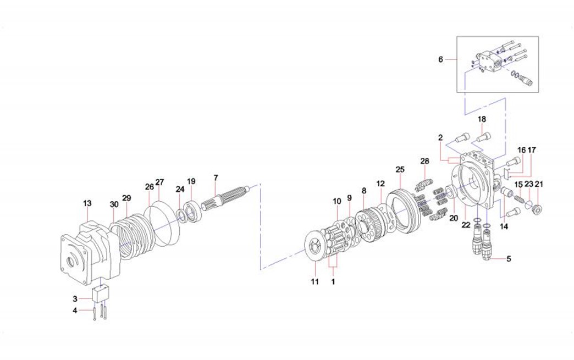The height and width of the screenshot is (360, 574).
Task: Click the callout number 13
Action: pos(87,203)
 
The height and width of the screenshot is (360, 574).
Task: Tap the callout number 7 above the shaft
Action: pos(216,178)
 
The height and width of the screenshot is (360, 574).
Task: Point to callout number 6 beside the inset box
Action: pos(440,59)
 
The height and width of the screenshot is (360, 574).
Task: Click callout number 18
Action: pos(482,119)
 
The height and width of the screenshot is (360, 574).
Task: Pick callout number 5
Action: pos(509,258)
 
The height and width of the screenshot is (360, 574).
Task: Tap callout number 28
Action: pos(424,161)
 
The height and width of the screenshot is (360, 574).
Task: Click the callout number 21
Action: pos(539,184)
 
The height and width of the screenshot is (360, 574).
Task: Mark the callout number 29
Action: pos(126,197)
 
